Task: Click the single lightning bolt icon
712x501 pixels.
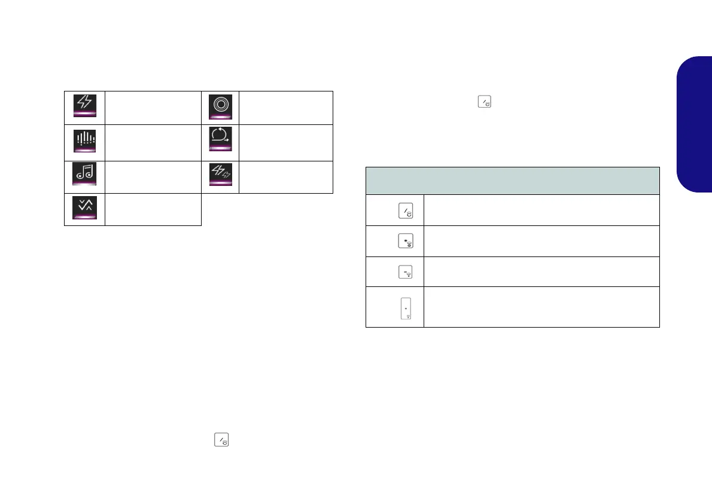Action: point(84,103)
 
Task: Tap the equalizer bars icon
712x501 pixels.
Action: point(84,139)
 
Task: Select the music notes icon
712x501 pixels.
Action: point(84,174)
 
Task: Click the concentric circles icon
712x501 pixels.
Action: point(219,104)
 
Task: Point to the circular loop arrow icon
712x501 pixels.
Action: point(219,139)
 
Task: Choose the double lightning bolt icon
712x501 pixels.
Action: point(219,174)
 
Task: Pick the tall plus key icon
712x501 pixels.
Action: point(406,308)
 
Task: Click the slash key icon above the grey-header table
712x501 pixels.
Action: point(483,103)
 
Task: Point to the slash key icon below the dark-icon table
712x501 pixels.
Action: point(221,441)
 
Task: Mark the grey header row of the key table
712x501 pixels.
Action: point(512,181)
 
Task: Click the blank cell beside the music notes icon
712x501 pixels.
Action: point(153,177)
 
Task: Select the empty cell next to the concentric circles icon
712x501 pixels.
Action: point(286,108)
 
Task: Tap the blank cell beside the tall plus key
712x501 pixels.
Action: point(541,307)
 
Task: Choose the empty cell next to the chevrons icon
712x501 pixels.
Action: point(153,209)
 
